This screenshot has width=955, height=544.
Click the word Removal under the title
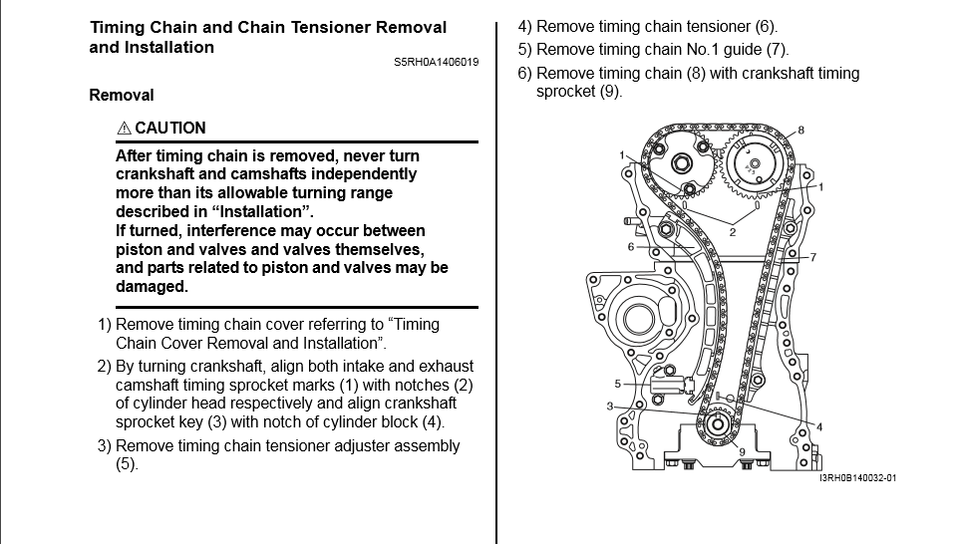(122, 96)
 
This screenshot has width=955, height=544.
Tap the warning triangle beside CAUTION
(124, 129)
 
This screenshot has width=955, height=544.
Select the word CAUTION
(170, 129)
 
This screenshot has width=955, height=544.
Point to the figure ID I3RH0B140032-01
(857, 478)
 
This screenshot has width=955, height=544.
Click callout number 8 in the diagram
(800, 131)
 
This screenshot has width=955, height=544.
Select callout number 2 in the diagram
(732, 232)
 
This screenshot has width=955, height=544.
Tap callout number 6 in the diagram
(630, 246)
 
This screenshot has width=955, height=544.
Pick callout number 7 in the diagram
(813, 257)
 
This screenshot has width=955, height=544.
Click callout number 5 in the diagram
(618, 384)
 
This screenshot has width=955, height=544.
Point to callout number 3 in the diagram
(609, 407)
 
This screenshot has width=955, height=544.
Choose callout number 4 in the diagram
(819, 427)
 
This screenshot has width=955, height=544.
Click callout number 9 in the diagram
(741, 451)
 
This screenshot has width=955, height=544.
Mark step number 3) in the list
(105, 446)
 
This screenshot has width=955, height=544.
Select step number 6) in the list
(525, 74)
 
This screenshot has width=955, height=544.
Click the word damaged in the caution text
(152, 287)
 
